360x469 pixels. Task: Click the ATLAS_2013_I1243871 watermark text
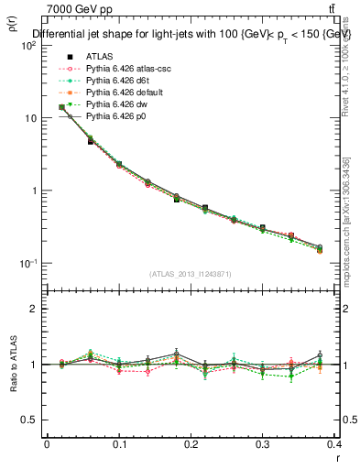click(x=191, y=274)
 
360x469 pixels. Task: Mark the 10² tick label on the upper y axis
click(x=28, y=46)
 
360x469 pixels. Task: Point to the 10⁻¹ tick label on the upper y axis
click(x=28, y=264)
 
